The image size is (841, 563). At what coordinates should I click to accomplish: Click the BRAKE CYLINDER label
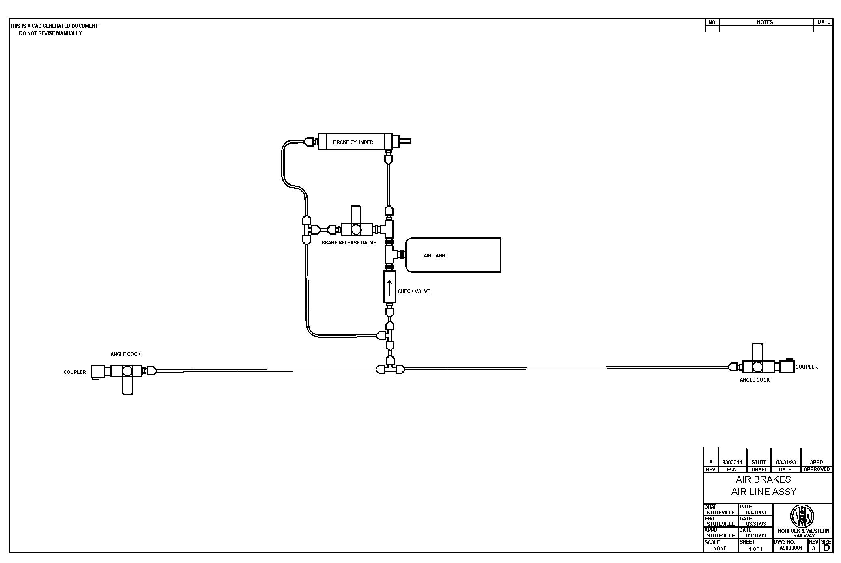(353, 142)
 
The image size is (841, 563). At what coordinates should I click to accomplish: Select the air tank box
(453, 255)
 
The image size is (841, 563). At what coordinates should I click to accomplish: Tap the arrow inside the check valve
(389, 287)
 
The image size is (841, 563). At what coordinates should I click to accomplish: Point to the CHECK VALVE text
(414, 291)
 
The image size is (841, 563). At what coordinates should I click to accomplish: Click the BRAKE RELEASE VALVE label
(348, 243)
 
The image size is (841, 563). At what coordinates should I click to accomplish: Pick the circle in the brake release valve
(356, 230)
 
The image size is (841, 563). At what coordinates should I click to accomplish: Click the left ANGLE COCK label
(125, 354)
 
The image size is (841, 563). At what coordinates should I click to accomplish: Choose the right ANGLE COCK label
(754, 380)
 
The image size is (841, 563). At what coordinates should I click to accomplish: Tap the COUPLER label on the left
(75, 372)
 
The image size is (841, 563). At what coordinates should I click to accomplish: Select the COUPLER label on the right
(806, 367)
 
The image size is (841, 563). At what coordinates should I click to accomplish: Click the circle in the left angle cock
(127, 371)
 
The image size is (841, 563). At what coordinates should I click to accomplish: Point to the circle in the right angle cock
(757, 367)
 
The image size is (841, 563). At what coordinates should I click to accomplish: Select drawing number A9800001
(791, 548)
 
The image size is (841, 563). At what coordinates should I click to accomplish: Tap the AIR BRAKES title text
(763, 479)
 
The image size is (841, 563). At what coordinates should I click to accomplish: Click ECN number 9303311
(732, 462)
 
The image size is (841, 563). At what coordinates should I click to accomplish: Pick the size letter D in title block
(826, 548)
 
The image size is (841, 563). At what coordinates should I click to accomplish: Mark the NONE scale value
(720, 548)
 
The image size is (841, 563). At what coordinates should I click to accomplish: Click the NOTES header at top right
(765, 22)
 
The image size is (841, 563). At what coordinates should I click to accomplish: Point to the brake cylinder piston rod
(405, 141)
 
